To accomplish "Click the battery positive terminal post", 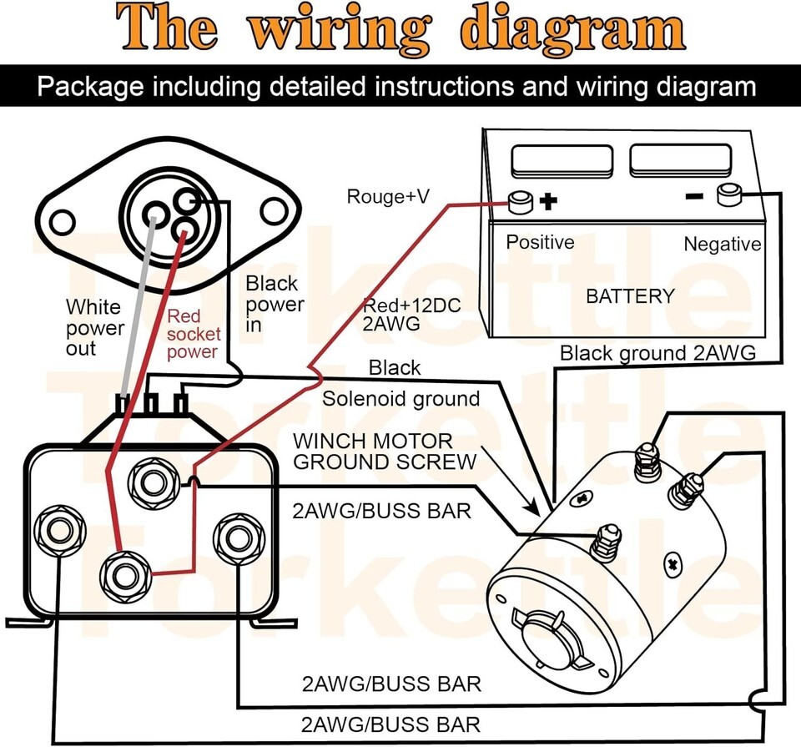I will pyautogui.click(x=521, y=201).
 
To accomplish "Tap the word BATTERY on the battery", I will pyautogui.click(x=630, y=296).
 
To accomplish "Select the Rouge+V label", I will pyautogui.click(x=388, y=197).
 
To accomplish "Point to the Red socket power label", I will pyautogui.click(x=192, y=334).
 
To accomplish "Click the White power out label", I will pyautogui.click(x=93, y=327).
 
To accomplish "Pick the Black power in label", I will pyautogui.click(x=275, y=305).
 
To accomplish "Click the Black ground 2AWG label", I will pyautogui.click(x=657, y=353).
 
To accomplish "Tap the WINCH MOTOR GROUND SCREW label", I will pyautogui.click(x=385, y=451).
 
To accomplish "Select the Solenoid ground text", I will pyautogui.click(x=401, y=399).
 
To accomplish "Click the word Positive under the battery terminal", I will pyautogui.click(x=540, y=242).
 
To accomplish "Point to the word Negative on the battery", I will pyautogui.click(x=722, y=245).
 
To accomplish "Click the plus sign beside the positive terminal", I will pyautogui.click(x=548, y=201).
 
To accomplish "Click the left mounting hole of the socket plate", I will pyautogui.click(x=63, y=222).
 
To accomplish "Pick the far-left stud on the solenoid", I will pyautogui.click(x=58, y=529).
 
